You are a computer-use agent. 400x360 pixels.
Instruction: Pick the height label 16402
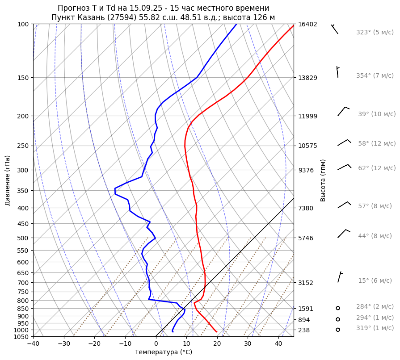(x=307, y=24)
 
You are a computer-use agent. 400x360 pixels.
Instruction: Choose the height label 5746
(x=307, y=238)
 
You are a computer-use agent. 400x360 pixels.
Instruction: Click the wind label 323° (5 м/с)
(x=375, y=33)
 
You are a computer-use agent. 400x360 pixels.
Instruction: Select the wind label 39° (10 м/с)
(x=376, y=114)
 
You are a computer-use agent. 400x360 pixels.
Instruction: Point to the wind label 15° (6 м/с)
(x=375, y=281)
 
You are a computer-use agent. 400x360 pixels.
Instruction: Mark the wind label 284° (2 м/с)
(x=375, y=307)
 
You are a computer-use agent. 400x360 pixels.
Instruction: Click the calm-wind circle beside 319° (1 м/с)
(x=338, y=330)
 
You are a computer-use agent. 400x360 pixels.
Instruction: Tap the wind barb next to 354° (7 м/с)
(x=337, y=72)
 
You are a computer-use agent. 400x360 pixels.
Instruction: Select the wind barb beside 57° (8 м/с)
(x=344, y=205)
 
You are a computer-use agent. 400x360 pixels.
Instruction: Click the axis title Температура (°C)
(x=164, y=352)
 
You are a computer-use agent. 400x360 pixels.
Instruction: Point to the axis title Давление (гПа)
(x=8, y=180)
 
